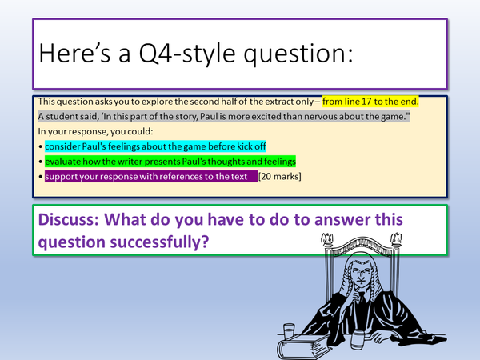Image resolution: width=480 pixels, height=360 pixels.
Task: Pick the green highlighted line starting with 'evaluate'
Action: [x=170, y=162]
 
